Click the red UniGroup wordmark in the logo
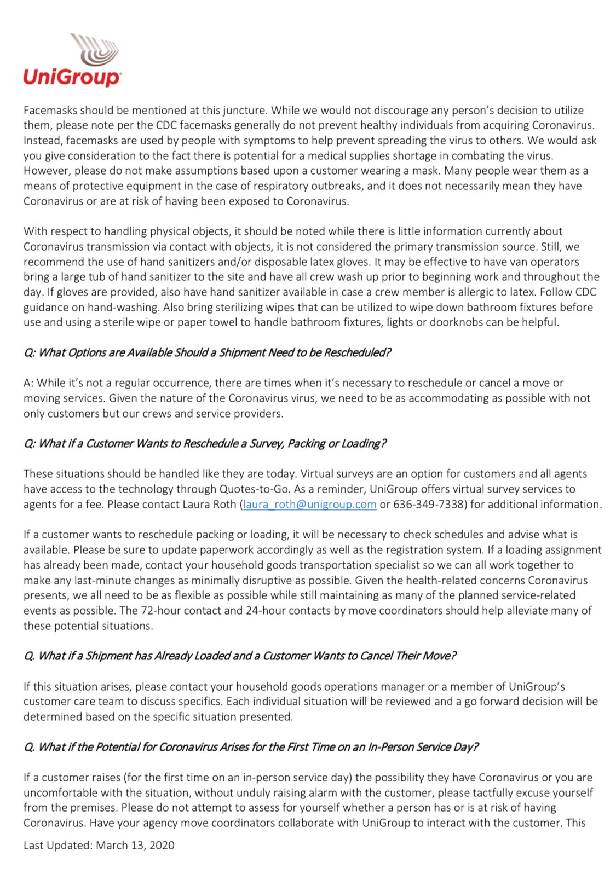point(72,77)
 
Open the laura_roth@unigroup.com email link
point(310,504)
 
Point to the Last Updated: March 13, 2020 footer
point(99,845)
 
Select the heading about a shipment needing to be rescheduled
point(207,352)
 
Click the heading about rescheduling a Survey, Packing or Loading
point(205,443)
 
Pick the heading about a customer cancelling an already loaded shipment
point(240,656)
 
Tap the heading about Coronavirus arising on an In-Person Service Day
point(251,747)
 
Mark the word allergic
point(485,292)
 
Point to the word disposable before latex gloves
point(318,262)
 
